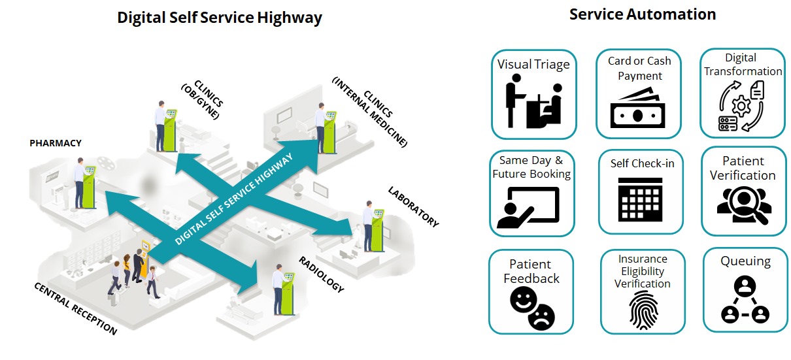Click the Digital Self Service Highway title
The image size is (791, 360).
219,18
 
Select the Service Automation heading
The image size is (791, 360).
642,14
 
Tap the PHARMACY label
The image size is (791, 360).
56,142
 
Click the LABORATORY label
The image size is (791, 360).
413,207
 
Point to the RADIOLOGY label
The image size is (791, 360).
321,274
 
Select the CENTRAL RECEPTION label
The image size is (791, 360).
75,308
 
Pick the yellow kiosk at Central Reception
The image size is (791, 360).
145,255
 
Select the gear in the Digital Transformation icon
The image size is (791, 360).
741,105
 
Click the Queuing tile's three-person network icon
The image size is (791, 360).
745,300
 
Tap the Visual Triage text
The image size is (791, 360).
533,64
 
